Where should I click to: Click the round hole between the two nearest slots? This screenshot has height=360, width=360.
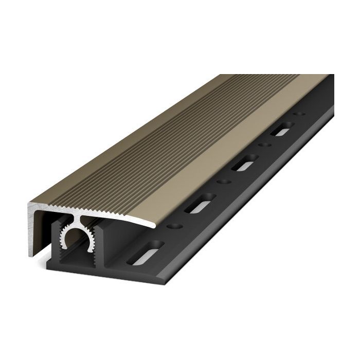click(175, 225)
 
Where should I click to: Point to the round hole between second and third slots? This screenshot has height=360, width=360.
click(222, 181)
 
